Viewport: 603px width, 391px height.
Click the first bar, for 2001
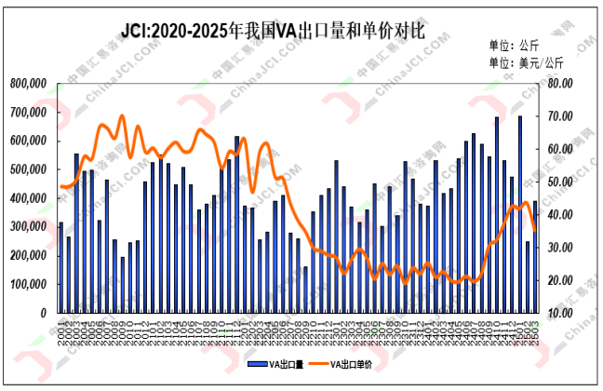coord(61,268)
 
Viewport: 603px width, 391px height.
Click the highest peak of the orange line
coord(122,116)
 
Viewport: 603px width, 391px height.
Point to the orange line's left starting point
coord(61,186)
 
